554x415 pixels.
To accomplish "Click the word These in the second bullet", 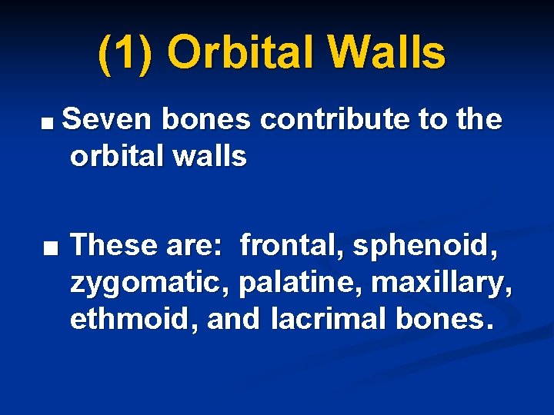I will coord(115,245).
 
